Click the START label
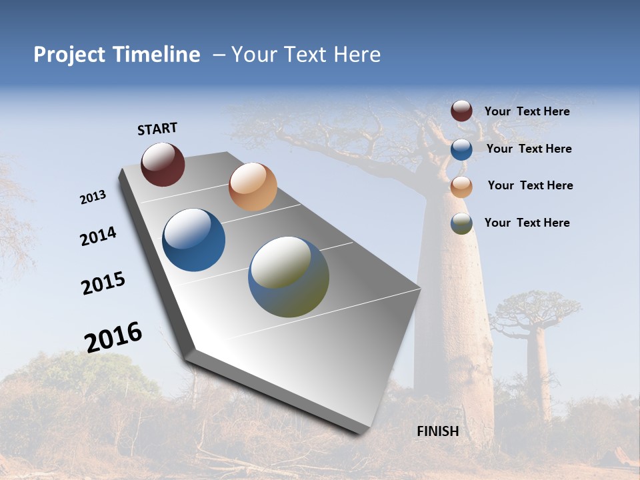click(157, 129)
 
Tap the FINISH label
click(437, 431)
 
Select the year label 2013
click(93, 197)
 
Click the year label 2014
click(98, 237)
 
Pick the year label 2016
click(113, 337)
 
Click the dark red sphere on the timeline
click(163, 165)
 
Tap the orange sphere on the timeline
click(253, 187)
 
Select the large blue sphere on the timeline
click(194, 240)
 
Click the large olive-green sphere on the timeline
click(289, 277)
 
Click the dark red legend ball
click(461, 111)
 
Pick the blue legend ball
click(461, 149)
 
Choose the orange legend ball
click(461, 186)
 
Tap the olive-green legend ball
click(461, 223)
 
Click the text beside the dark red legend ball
click(527, 111)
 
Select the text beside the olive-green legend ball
click(527, 223)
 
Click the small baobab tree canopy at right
click(533, 308)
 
